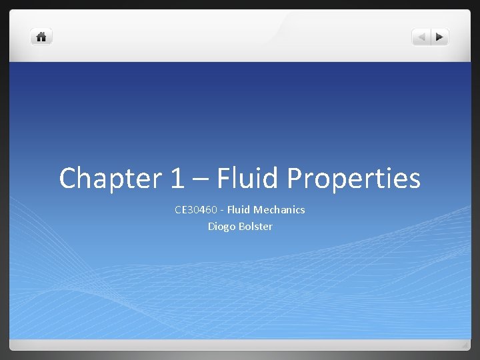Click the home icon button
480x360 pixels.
click(41, 37)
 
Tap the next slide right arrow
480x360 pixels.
click(440, 37)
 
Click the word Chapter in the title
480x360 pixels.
click(107, 178)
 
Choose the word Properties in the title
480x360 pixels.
click(354, 178)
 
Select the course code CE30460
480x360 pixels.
click(196, 209)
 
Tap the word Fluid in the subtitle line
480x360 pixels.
click(239, 209)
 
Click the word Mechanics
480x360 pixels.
click(279, 209)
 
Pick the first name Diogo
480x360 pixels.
click(221, 226)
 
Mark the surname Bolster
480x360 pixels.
click(255, 226)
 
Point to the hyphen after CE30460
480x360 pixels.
click(222, 210)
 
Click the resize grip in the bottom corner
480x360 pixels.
click(465, 345)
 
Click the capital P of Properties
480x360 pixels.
click(296, 178)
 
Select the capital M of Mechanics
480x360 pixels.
click(258, 209)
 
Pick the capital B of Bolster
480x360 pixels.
click(241, 226)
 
